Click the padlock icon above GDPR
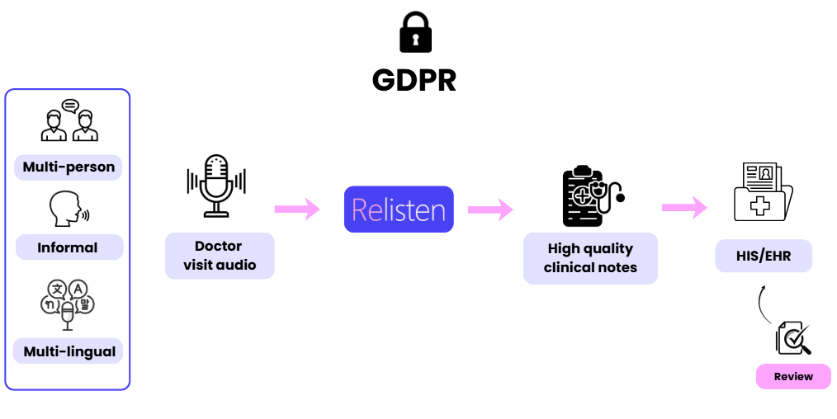(x=415, y=34)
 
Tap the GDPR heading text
(x=414, y=81)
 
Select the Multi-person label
(x=69, y=167)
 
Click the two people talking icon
(x=69, y=121)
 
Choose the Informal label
(x=68, y=247)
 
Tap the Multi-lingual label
(x=68, y=351)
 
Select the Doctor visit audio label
(x=219, y=256)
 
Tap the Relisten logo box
(x=399, y=209)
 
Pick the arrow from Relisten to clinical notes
(x=490, y=209)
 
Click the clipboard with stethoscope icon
(x=589, y=196)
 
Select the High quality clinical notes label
(x=590, y=258)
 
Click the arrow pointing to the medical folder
(x=684, y=208)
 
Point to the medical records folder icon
(x=763, y=192)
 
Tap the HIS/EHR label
(x=764, y=257)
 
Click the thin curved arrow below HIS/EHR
(x=762, y=304)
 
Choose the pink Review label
(x=793, y=376)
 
